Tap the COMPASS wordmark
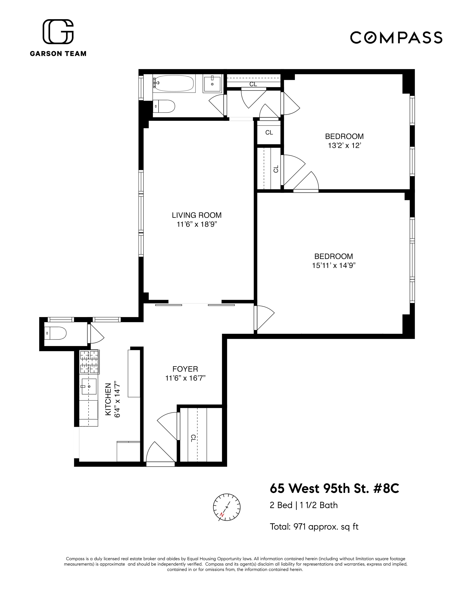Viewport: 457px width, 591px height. point(396,38)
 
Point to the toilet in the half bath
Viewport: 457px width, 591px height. point(56,333)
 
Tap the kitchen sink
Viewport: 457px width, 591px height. point(89,386)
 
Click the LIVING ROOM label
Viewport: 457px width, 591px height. point(197,215)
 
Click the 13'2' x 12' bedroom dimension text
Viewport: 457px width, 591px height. point(344,146)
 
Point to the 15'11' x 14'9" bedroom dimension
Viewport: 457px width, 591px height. point(334,265)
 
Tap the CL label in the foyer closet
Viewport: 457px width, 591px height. point(193,438)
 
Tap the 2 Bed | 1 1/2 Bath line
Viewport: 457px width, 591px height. point(303,505)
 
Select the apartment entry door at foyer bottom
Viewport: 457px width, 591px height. point(160,464)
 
